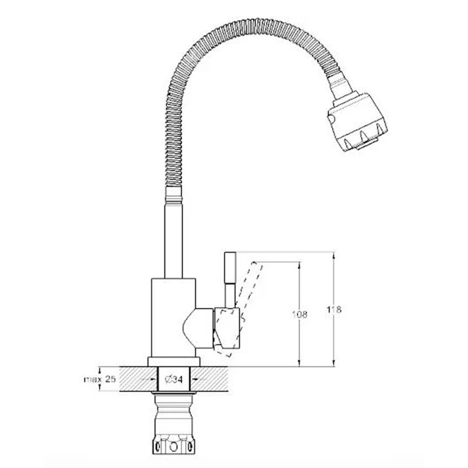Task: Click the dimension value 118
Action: coord(334,310)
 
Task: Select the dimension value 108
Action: coord(299,314)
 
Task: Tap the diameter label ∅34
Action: coord(173,379)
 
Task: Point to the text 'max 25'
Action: coord(100,379)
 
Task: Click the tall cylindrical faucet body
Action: coord(173,318)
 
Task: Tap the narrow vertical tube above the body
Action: coord(173,240)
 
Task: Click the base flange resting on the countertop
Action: coord(174,362)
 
